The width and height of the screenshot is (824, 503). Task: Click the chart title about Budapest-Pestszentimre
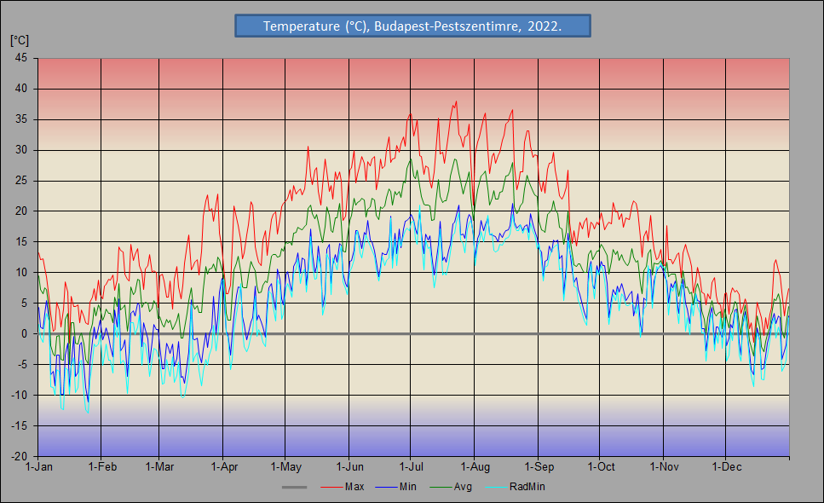[x=412, y=26]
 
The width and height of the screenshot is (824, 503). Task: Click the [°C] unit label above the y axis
[x=20, y=40]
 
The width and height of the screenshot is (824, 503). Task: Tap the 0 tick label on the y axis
[x=25, y=334]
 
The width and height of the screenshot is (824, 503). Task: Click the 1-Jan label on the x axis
[x=39, y=467]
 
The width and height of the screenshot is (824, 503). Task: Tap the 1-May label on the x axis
[x=285, y=467]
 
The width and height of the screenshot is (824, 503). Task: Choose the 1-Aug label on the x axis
[x=475, y=467]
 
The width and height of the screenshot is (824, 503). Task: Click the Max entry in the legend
[x=354, y=487]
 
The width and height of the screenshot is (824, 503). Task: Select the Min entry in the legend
[x=407, y=487]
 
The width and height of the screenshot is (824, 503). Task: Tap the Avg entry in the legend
[x=463, y=487]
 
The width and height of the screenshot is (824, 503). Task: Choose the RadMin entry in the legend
[x=527, y=487]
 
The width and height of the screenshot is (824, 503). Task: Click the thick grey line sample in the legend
[x=294, y=487]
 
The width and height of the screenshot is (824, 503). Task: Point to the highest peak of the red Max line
[x=457, y=101]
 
